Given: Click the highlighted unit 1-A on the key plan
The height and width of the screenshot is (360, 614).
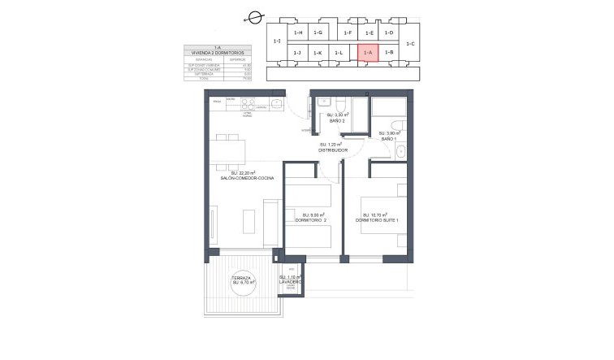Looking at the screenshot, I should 368,53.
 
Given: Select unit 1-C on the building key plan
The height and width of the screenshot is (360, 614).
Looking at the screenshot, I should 410,43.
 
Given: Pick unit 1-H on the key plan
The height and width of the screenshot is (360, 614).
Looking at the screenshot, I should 298,33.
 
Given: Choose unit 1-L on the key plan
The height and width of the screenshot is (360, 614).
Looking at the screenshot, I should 339,53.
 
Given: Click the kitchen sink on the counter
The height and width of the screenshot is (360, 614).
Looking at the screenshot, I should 277,103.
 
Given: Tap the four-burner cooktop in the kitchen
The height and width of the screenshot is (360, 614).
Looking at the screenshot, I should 248,103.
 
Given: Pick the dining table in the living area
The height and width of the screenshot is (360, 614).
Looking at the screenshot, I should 228,150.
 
